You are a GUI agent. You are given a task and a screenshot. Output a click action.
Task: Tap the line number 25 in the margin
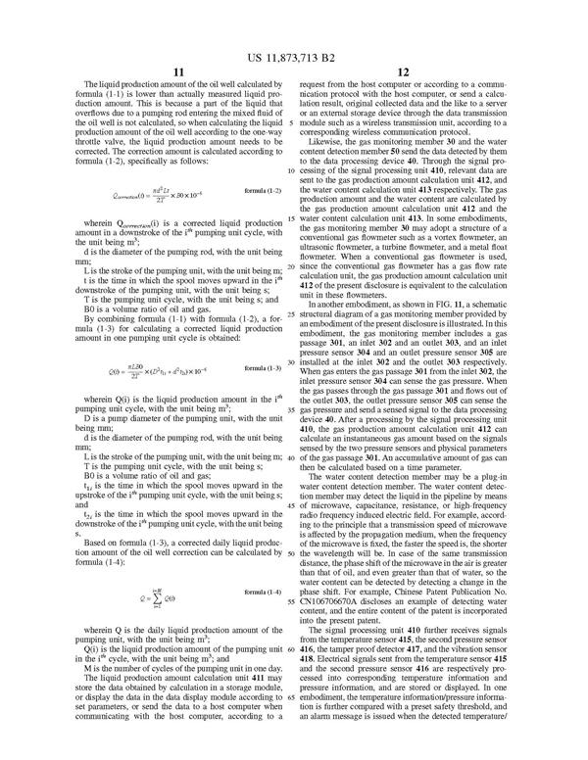point(292,288)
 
